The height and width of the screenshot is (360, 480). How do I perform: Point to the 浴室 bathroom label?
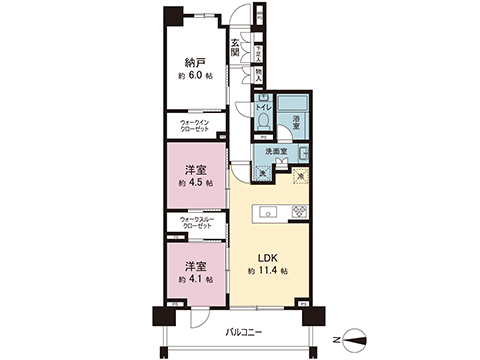296,121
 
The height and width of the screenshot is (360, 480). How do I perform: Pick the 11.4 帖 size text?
269,271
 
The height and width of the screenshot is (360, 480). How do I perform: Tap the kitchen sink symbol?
268,212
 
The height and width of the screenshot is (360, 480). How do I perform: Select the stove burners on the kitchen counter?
299,211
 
